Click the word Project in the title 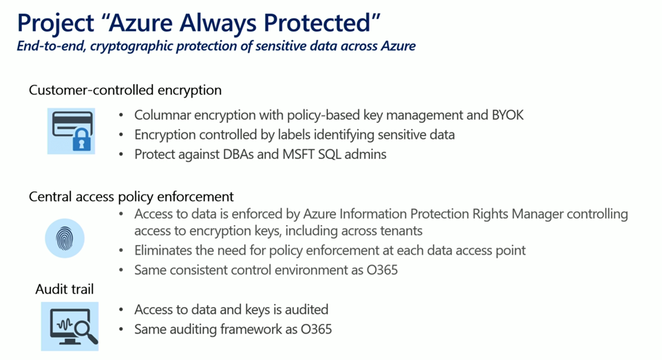pos(56,23)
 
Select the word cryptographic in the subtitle pos(131,46)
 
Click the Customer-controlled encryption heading pos(125,90)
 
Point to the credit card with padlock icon pos(71,131)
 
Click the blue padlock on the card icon pos(82,140)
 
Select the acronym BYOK pos(507,115)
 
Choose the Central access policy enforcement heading pos(131,196)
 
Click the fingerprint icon pos(65,238)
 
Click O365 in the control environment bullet pos(382,270)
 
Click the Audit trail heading pos(65,289)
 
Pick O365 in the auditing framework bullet pos(316,329)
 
